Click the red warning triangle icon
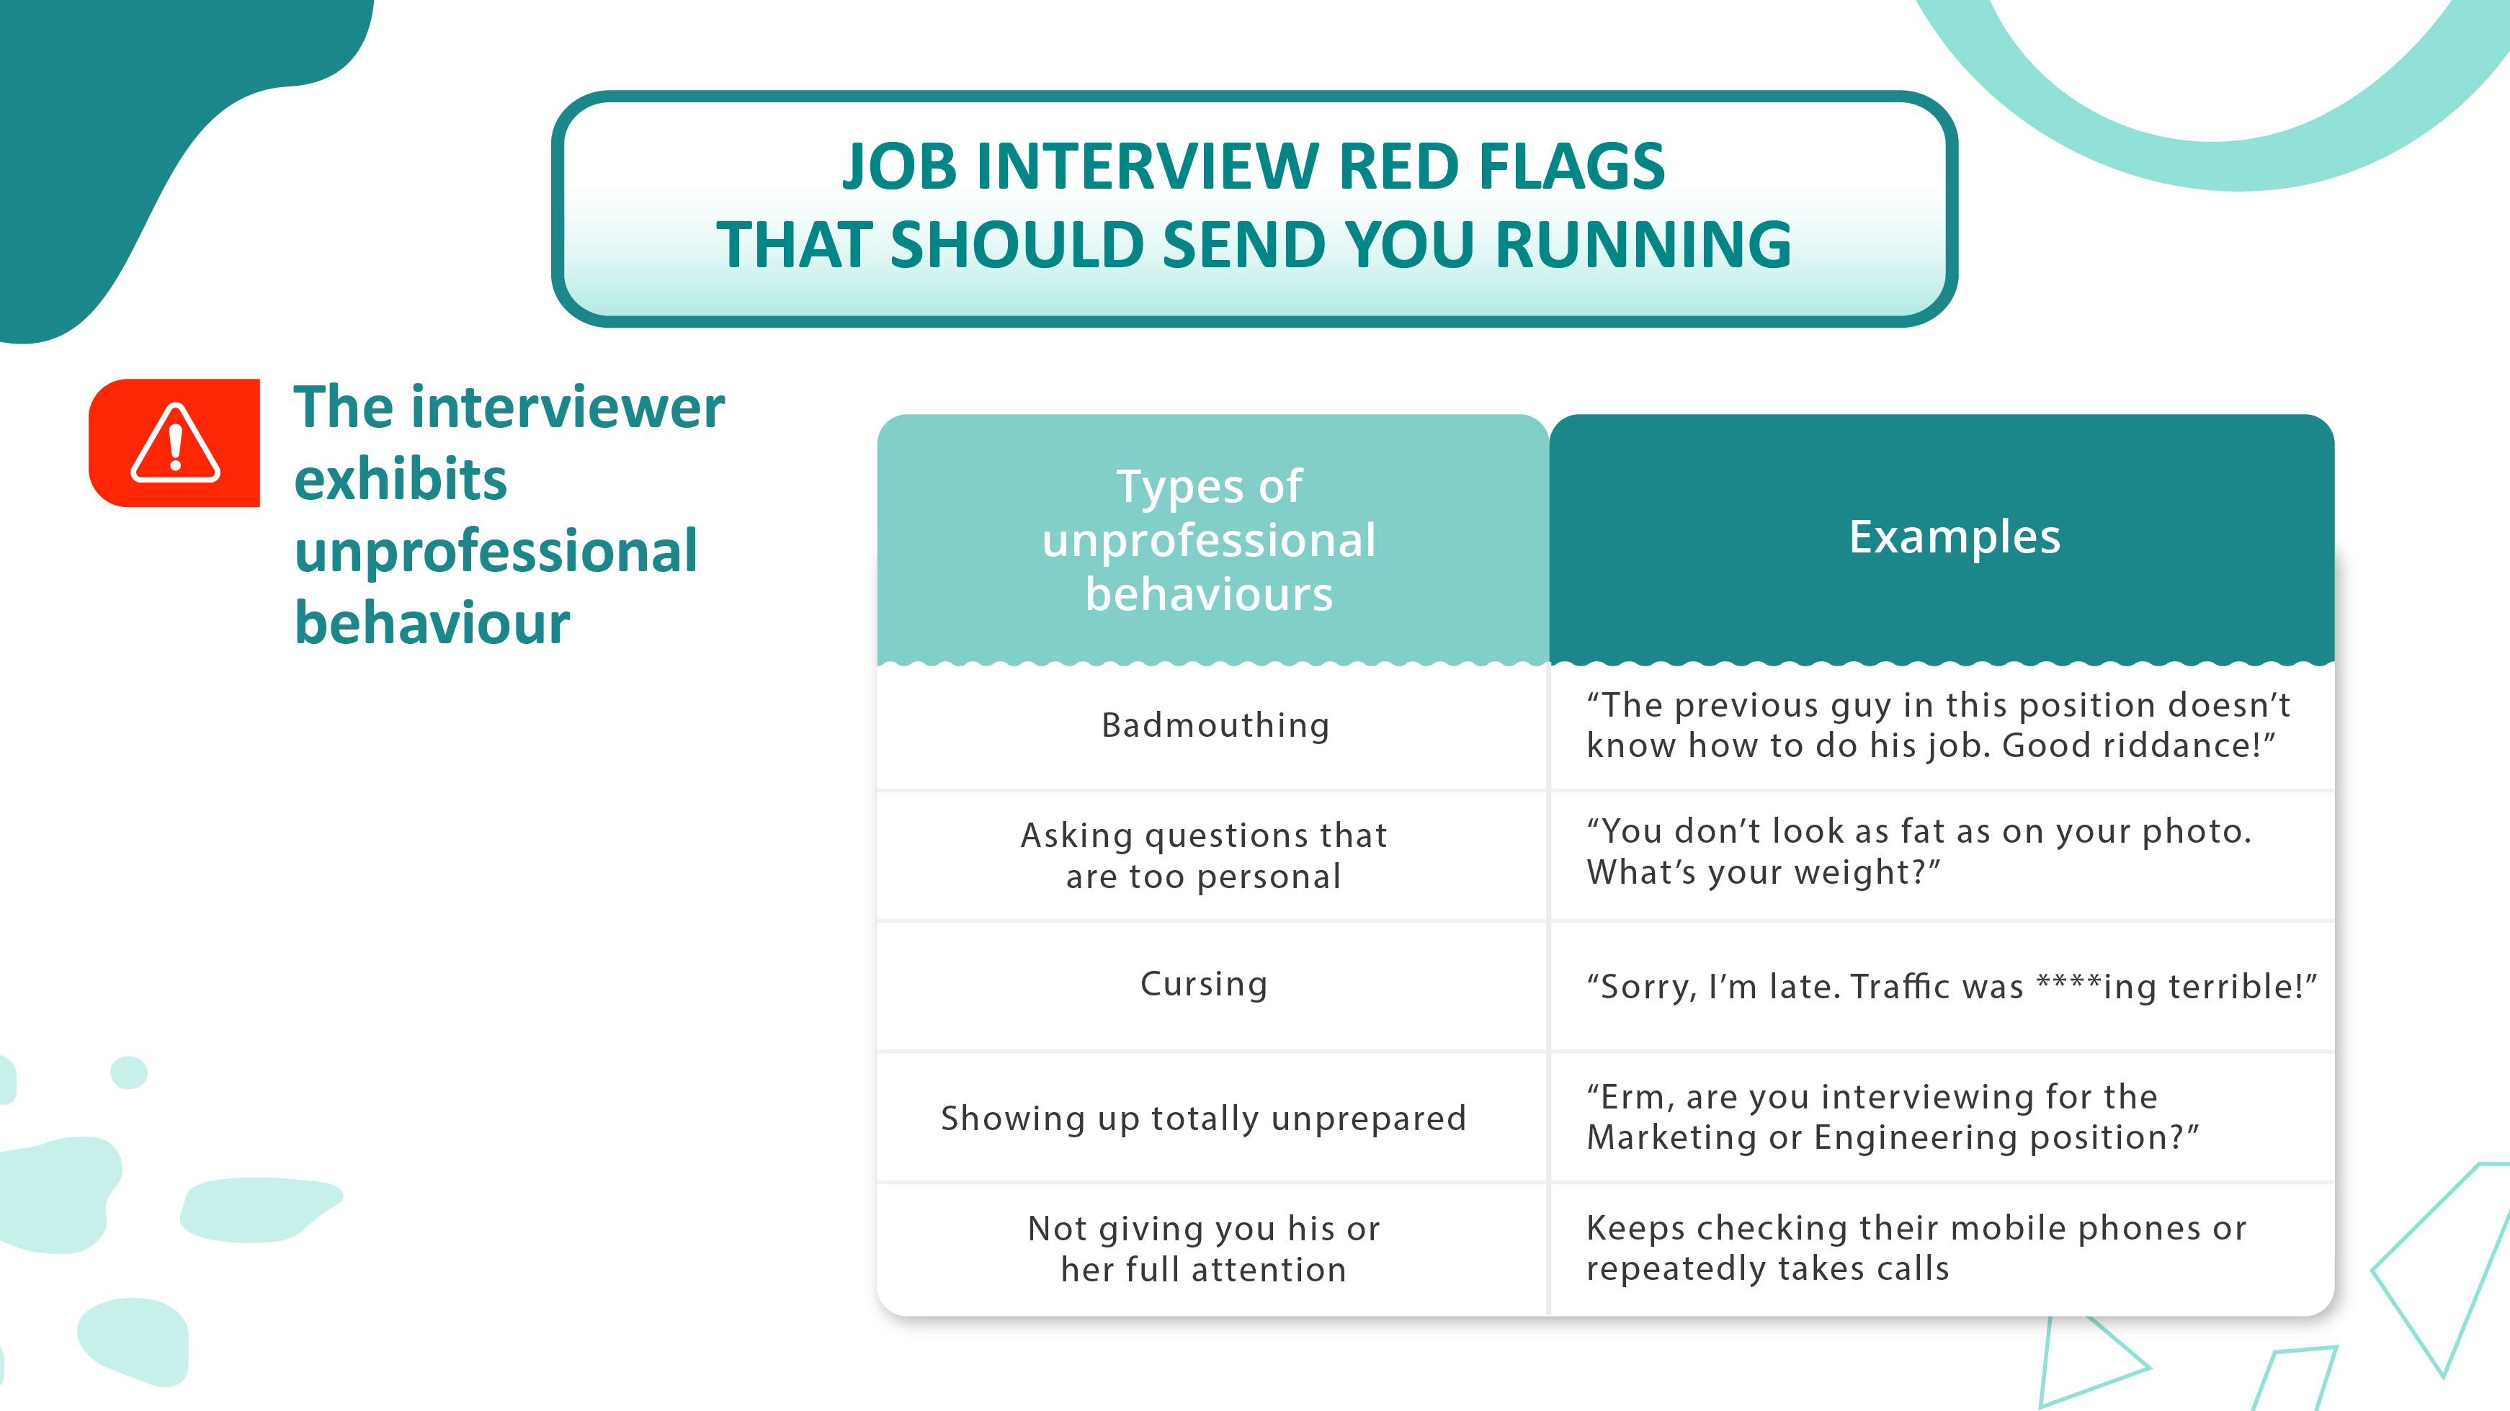[x=174, y=444]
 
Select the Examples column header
[x=1955, y=537]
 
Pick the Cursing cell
[x=1205, y=984]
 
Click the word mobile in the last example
[x=2009, y=1228]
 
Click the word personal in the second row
[x=1269, y=877]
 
